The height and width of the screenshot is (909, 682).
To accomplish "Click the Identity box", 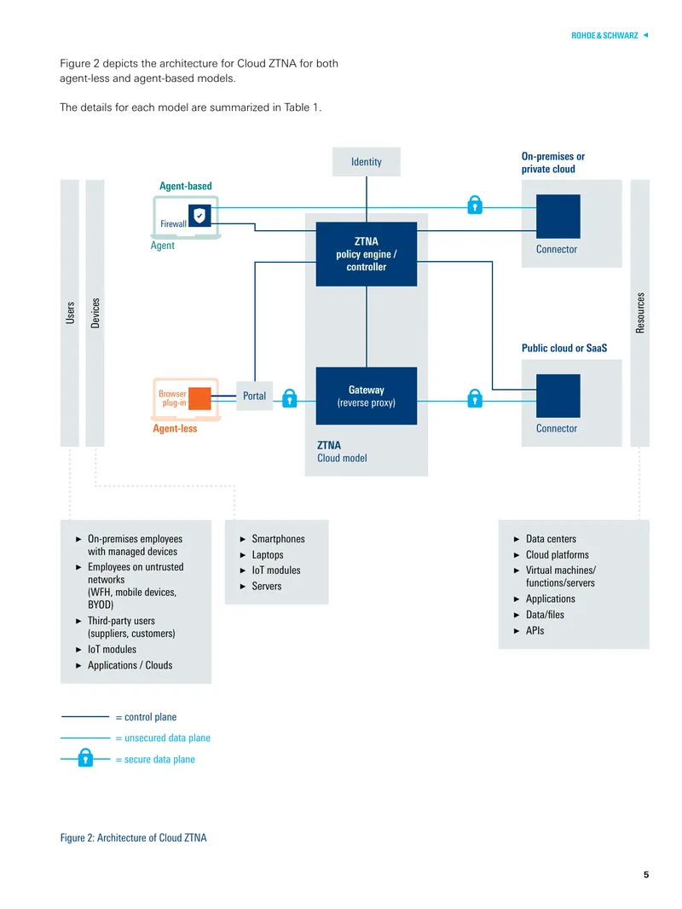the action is pyautogui.click(x=367, y=162).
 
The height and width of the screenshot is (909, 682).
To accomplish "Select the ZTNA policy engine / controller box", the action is pyautogui.click(x=367, y=254).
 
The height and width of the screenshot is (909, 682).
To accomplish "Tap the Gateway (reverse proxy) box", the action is pyautogui.click(x=367, y=396).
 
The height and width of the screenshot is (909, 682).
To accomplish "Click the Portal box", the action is pyautogui.click(x=254, y=396).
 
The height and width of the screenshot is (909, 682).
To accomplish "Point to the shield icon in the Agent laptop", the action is pyautogui.click(x=199, y=216).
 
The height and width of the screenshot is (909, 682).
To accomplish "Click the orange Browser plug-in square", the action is pyautogui.click(x=199, y=398).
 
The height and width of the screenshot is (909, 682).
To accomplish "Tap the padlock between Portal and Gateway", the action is pyautogui.click(x=290, y=397).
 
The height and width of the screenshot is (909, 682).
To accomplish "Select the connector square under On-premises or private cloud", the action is pyautogui.click(x=558, y=217).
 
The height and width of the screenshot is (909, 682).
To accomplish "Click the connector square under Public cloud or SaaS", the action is pyautogui.click(x=558, y=396).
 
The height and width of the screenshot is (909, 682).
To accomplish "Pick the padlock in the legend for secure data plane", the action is pyautogui.click(x=85, y=757).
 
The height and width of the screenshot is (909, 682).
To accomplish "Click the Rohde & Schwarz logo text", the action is pyautogui.click(x=604, y=35).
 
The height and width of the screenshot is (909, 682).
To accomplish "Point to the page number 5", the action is pyautogui.click(x=646, y=875).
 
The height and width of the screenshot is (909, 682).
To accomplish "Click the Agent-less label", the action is pyautogui.click(x=175, y=428).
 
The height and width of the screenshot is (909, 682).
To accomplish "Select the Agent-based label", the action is pyautogui.click(x=186, y=186).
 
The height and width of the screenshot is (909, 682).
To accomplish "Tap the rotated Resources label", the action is pyautogui.click(x=640, y=313).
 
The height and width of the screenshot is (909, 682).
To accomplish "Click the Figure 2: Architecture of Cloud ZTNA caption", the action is pyautogui.click(x=133, y=837).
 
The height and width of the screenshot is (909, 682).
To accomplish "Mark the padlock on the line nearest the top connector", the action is pyautogui.click(x=475, y=204).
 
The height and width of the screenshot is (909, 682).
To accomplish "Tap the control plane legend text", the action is pyautogui.click(x=146, y=717).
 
